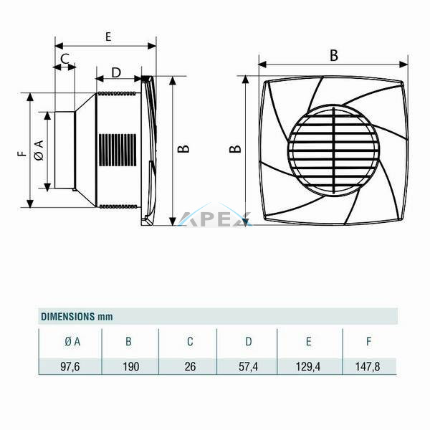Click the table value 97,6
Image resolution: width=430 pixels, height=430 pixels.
70,367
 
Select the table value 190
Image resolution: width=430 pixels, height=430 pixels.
131,367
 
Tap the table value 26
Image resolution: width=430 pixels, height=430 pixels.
191,367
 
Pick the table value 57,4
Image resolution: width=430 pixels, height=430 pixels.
248,367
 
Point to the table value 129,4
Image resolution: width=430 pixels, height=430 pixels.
308,367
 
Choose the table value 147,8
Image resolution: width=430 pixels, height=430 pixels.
368,367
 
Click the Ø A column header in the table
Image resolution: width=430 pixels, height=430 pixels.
72,342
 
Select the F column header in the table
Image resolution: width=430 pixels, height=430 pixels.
369,342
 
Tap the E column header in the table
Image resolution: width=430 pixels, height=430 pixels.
308,342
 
